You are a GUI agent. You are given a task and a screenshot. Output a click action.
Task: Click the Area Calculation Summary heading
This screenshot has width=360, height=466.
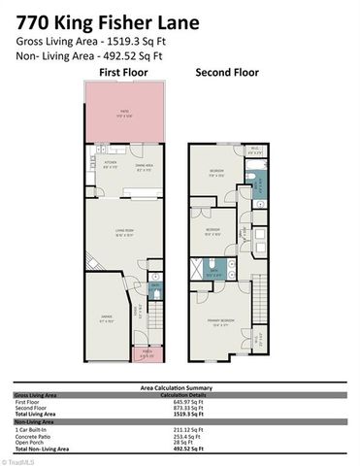(180, 387)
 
